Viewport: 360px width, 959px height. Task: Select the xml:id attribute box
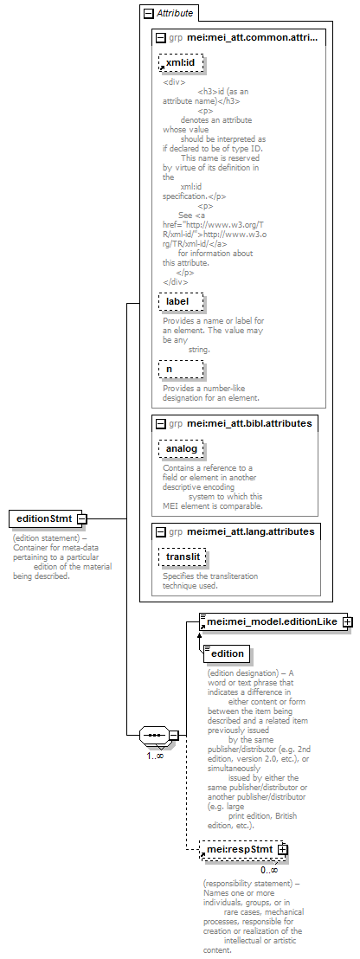pos(180,62)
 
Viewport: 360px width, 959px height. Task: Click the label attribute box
pos(180,301)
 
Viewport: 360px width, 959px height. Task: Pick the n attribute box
pos(180,369)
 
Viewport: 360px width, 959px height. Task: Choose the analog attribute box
pos(180,449)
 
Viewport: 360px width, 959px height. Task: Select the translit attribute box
pos(182,557)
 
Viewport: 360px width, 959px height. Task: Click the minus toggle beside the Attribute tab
pos(149,12)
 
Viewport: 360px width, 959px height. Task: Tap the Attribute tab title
pos(175,12)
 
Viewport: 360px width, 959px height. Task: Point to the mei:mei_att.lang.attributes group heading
pos(251,531)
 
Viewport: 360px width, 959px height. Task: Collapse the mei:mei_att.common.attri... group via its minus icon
pos(161,37)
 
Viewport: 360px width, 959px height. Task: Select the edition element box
pos(226,653)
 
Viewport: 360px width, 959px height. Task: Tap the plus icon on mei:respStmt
pos(282,849)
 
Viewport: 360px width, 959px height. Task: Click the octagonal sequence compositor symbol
pos(154,735)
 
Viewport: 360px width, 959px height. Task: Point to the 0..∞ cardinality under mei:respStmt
pos(269,870)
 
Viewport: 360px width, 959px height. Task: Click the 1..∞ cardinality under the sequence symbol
pos(155,756)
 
